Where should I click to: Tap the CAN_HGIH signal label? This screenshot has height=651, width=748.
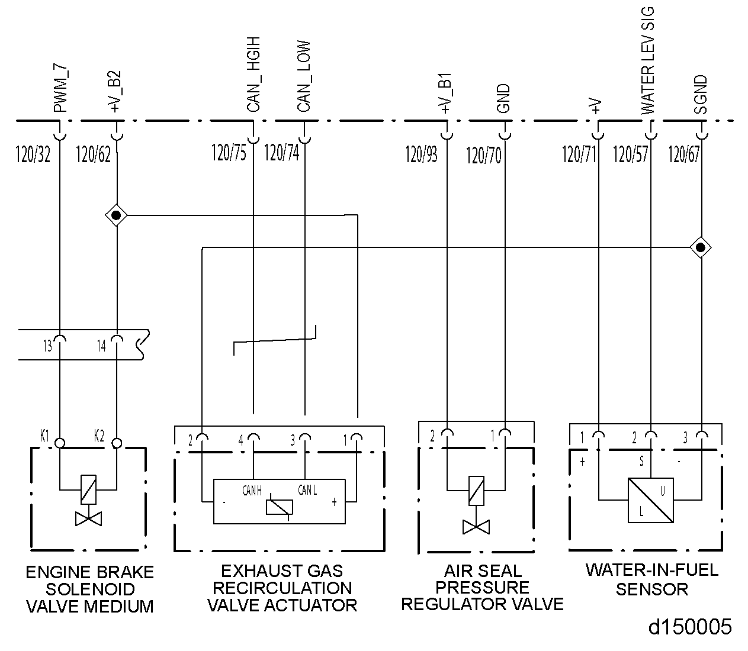[x=253, y=76]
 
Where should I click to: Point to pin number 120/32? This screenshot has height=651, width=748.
[x=33, y=155]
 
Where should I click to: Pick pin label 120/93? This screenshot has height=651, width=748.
[x=422, y=154]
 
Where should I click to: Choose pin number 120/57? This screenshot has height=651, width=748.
[x=630, y=154]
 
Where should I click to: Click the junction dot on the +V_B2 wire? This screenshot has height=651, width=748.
[x=117, y=215]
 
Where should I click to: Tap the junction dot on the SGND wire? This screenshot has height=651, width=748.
[x=701, y=247]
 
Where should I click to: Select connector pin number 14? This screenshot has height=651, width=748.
[x=101, y=346]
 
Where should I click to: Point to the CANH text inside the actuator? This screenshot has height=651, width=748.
[x=252, y=491]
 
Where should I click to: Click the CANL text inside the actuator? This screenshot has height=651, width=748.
[x=307, y=491]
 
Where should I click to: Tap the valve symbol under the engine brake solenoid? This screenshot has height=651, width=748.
[x=89, y=519]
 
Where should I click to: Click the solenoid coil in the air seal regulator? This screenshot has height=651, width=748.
[x=476, y=489]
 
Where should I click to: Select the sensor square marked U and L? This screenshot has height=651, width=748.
[x=651, y=500]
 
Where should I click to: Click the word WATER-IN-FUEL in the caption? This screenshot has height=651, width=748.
[x=651, y=571]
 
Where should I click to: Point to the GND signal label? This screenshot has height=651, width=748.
[x=504, y=99]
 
